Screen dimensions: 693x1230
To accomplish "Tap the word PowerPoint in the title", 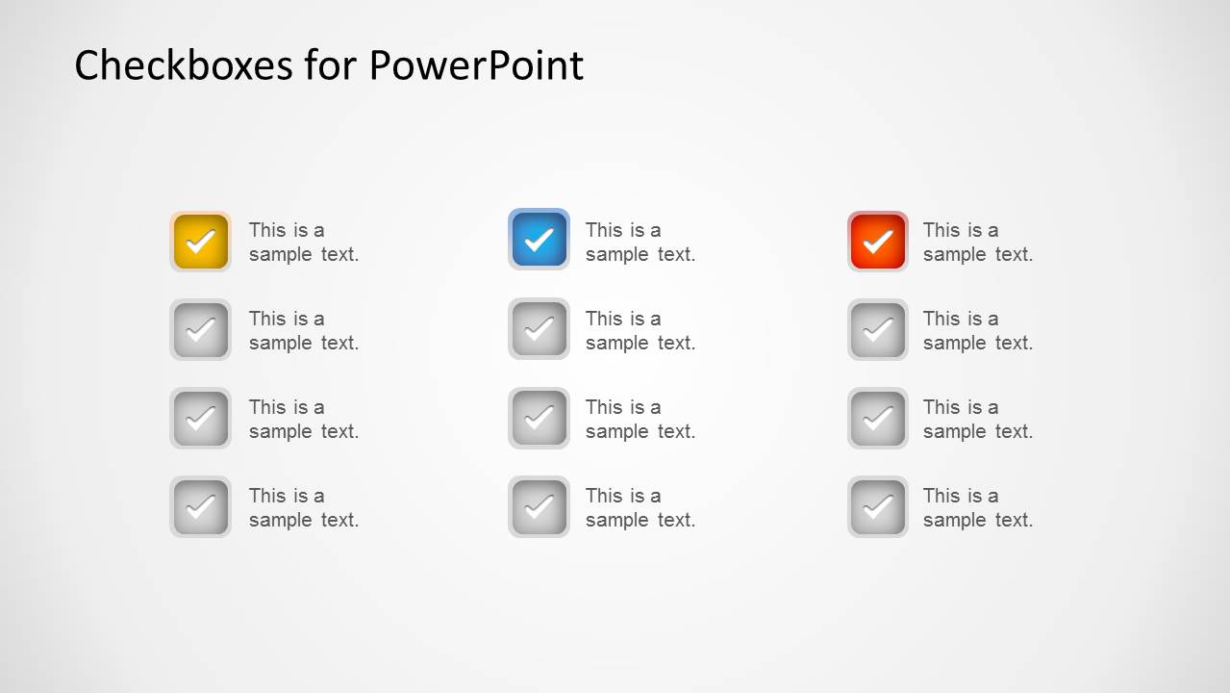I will click(475, 65).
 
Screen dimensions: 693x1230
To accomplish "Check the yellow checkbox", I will click(200, 242).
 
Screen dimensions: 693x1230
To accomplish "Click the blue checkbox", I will click(539, 240).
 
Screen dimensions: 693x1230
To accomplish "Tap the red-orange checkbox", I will click(877, 242).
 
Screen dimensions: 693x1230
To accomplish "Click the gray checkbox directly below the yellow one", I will click(200, 330).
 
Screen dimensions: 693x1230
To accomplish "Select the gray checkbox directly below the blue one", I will click(539, 330).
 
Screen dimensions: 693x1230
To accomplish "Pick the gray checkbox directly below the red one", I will click(877, 330).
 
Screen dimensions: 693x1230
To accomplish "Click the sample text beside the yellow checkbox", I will click(303, 242).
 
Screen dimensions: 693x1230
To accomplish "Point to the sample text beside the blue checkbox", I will click(640, 242).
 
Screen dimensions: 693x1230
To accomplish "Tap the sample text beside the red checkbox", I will click(977, 242).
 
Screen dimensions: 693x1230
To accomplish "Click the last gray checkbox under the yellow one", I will click(200, 507).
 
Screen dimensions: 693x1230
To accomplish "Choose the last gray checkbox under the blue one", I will click(539, 507).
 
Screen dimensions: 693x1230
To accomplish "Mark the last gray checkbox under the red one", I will click(877, 507).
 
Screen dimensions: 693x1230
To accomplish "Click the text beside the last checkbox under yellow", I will click(303, 507).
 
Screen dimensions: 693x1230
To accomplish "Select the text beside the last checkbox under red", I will click(977, 507).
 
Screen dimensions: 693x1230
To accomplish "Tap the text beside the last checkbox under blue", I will click(640, 507).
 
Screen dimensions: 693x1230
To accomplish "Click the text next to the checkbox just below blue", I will click(640, 330).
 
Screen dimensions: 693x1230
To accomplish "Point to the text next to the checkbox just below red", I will click(977, 330).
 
